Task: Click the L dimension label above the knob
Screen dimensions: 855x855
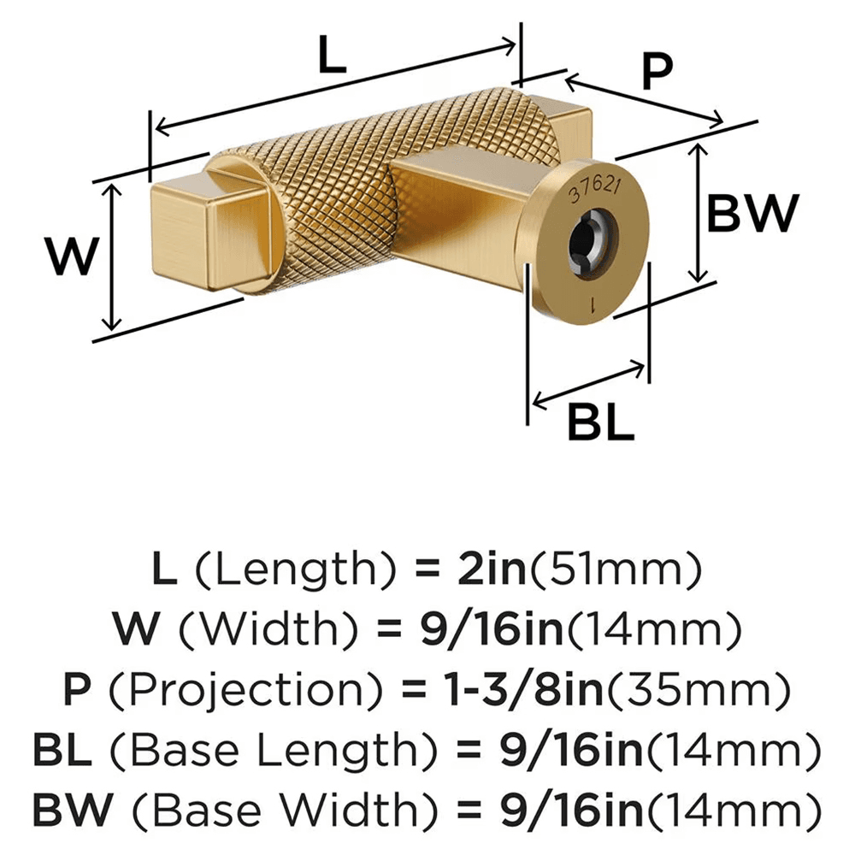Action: pyautogui.click(x=332, y=55)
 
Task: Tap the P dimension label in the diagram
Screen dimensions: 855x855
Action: pyautogui.click(x=657, y=72)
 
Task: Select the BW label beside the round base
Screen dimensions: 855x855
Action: pyautogui.click(x=752, y=213)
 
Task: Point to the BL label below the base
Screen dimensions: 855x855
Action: pyautogui.click(x=600, y=422)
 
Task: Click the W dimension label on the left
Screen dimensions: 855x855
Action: pyautogui.click(x=73, y=256)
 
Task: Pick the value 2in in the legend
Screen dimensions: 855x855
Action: pyautogui.click(x=492, y=568)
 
